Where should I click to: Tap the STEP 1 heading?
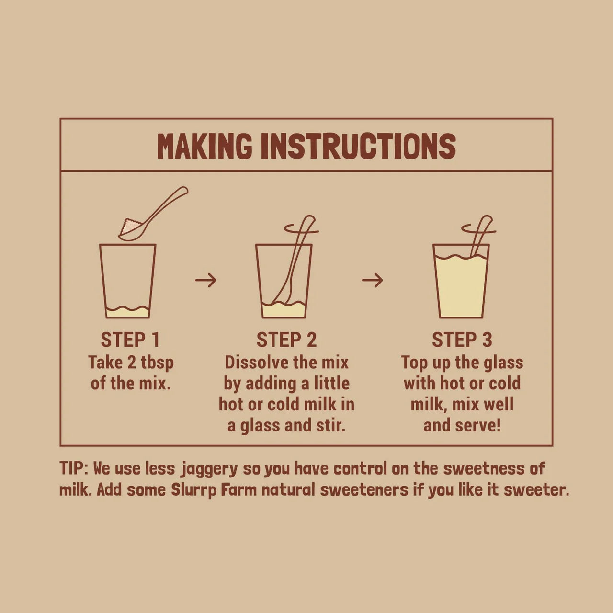[130, 340]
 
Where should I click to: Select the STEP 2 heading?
[286, 340]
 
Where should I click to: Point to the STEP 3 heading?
[462, 340]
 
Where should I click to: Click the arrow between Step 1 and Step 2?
[206, 280]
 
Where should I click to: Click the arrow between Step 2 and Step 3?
[372, 280]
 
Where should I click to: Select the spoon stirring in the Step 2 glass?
[294, 263]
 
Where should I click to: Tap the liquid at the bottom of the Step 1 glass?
[127, 312]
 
